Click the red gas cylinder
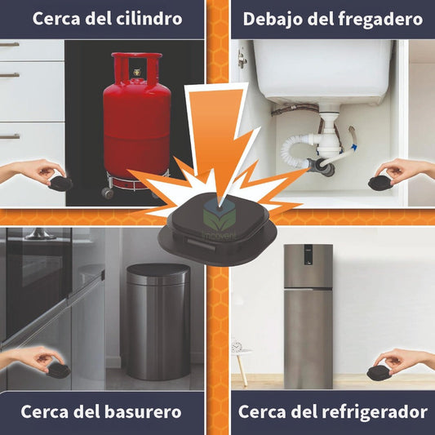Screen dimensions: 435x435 click(x=136, y=127)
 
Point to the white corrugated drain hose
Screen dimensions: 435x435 click(x=296, y=152)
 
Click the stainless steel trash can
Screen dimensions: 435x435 click(x=158, y=322)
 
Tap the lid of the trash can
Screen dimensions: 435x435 click(x=158, y=272)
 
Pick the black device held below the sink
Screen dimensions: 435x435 click(x=380, y=182)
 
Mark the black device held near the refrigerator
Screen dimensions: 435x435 click(x=380, y=371)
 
